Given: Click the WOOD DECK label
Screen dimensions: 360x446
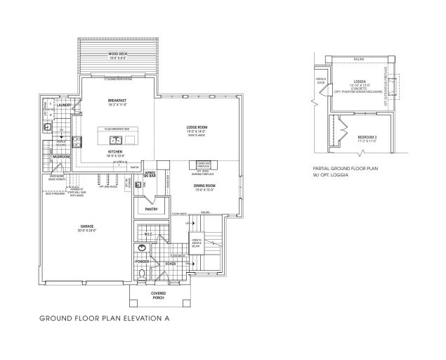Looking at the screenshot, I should click(x=117, y=53).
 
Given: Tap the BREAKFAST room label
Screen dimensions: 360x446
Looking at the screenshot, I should click(x=117, y=101).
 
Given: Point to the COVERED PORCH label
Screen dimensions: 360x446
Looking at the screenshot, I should click(x=158, y=295).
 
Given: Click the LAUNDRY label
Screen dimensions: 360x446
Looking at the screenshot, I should click(x=65, y=105).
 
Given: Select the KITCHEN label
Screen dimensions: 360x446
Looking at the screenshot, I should click(x=116, y=150).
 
